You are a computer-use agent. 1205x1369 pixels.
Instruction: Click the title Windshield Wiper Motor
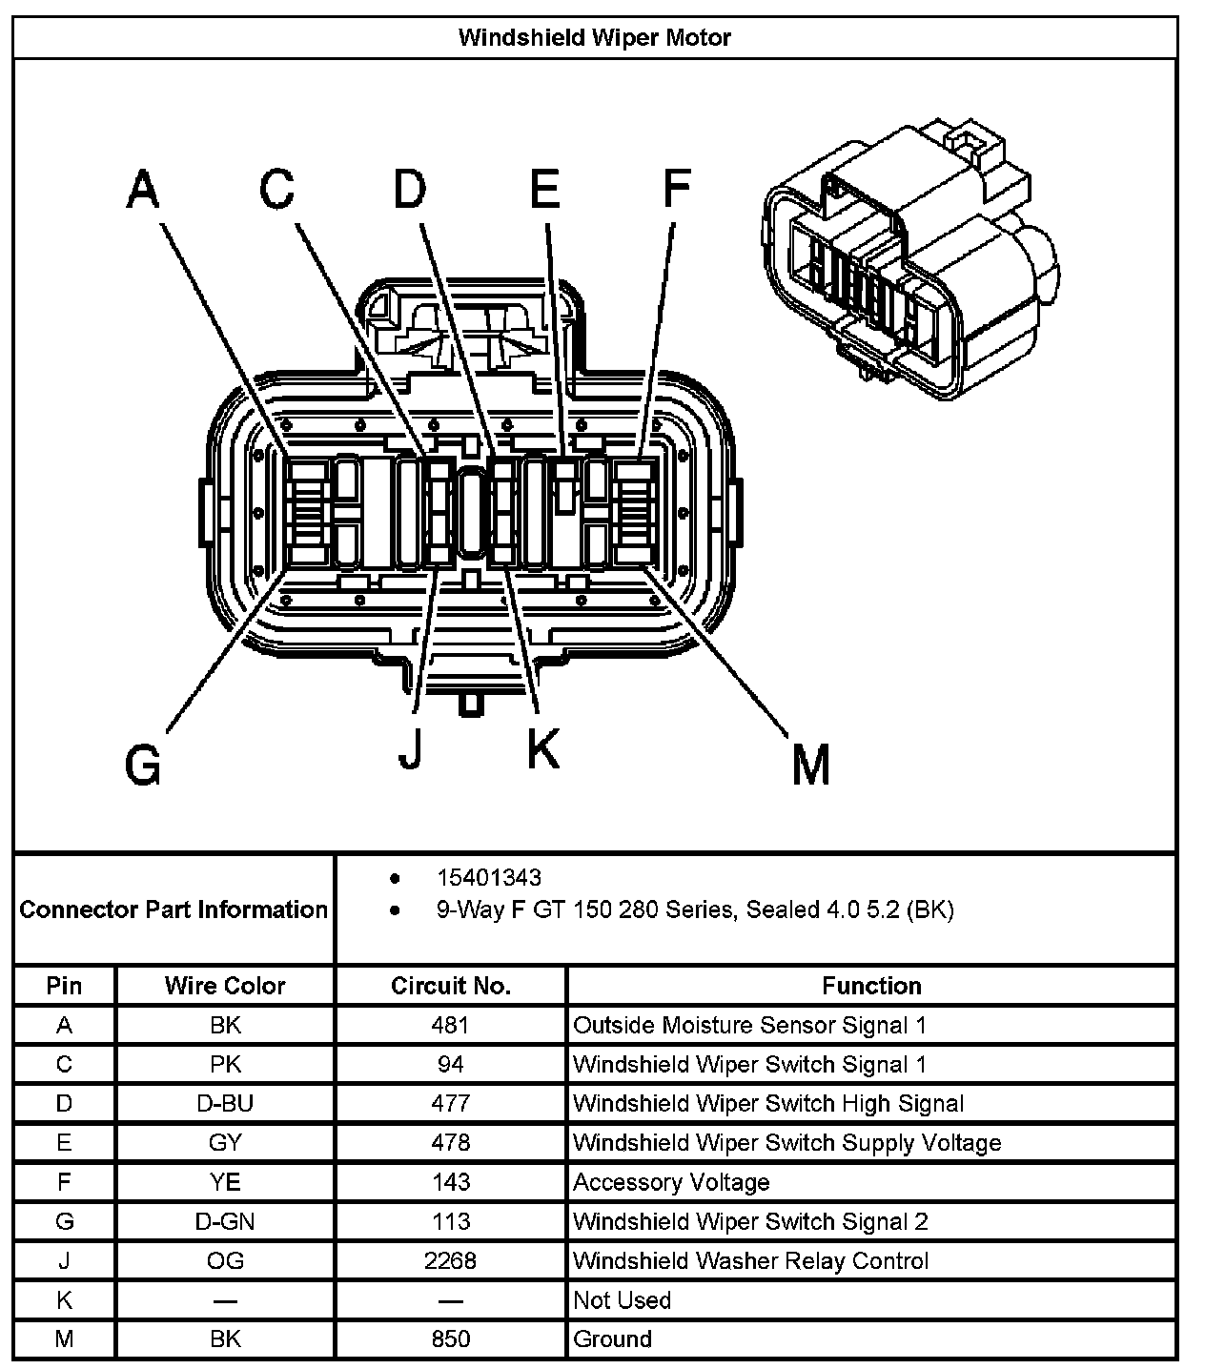[594, 38]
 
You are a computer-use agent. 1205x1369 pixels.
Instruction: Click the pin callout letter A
[143, 189]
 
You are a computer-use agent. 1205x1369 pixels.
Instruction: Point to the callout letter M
[810, 764]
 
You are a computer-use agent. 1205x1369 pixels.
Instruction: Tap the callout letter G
[143, 764]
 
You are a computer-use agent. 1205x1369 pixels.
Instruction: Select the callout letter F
[676, 189]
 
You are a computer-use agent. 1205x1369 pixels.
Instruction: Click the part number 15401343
[489, 877]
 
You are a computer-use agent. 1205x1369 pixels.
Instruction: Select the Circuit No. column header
[450, 986]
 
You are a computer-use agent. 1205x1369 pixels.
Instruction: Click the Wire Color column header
[225, 986]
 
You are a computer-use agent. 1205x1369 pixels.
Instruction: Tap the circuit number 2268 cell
[450, 1260]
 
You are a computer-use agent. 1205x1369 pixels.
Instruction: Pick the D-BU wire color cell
[225, 1103]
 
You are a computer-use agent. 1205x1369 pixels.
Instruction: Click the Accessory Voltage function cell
[671, 1182]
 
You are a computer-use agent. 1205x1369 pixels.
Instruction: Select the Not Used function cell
[622, 1299]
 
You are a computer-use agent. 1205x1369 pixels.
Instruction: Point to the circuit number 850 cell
[450, 1338]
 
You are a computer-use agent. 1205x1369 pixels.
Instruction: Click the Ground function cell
[612, 1338]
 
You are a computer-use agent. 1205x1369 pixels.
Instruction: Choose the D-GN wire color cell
[225, 1221]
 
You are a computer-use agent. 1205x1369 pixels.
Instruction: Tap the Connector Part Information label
[174, 909]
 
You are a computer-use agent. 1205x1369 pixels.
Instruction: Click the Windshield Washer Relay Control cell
[750, 1260]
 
